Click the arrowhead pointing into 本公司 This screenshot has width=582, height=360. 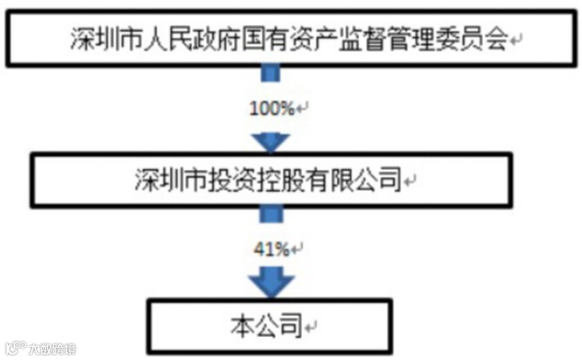pos(271,283)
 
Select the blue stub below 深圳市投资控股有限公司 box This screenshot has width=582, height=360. pos(271,214)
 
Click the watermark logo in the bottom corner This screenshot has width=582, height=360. pos(39,348)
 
